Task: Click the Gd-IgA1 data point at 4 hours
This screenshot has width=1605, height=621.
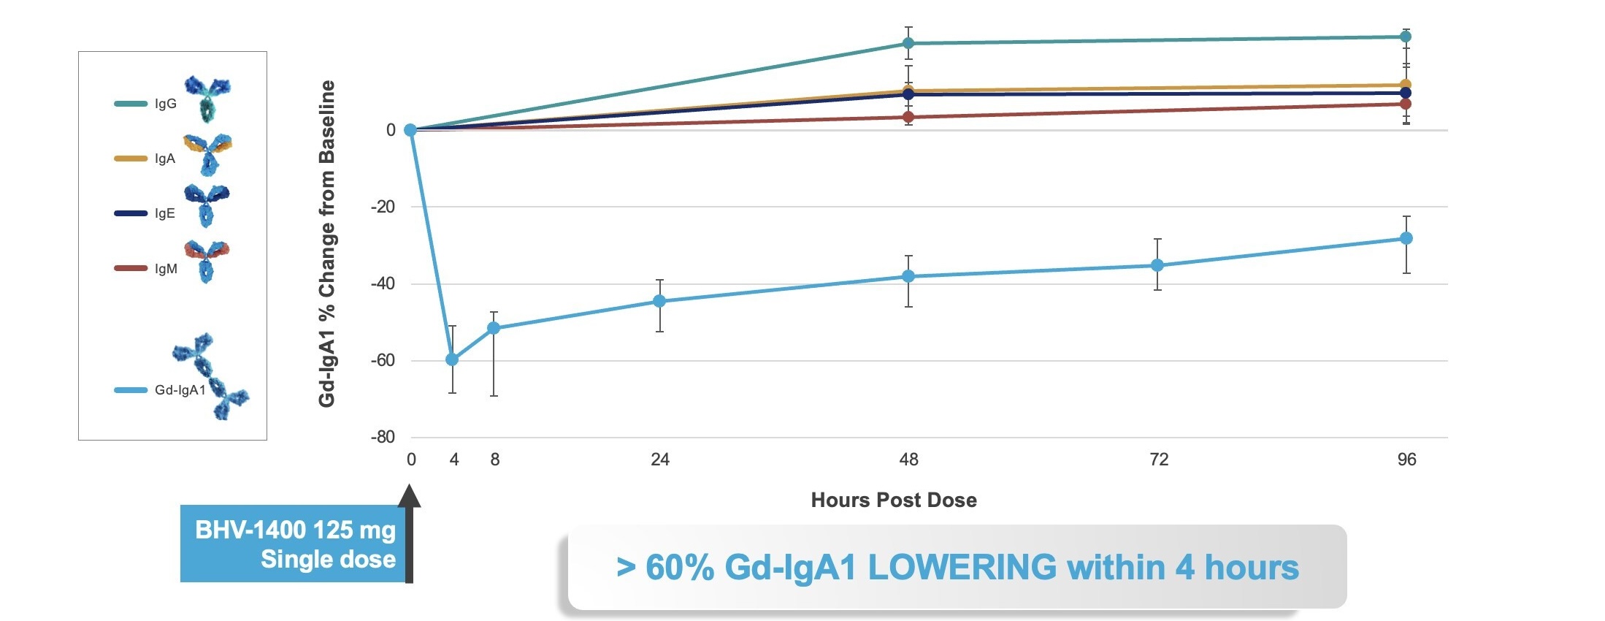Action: (452, 359)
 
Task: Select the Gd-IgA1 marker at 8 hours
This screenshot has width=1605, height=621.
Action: (494, 328)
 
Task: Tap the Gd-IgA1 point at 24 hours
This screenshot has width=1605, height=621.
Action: (659, 301)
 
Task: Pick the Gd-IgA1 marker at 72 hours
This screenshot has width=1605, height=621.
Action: (1157, 265)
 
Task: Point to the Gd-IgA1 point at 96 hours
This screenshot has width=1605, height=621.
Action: (1406, 238)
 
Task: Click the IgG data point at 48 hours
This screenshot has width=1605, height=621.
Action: (908, 43)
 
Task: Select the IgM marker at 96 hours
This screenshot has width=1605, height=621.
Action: (1406, 104)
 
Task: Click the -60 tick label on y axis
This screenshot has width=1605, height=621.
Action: (383, 360)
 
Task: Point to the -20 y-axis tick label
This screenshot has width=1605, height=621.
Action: (383, 207)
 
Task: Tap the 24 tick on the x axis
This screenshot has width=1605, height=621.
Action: (660, 460)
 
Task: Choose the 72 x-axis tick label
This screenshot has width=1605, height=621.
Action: (1159, 460)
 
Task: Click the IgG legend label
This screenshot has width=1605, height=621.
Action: (166, 104)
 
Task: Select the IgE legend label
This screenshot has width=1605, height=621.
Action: (165, 213)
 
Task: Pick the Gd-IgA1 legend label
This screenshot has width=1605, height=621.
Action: (180, 390)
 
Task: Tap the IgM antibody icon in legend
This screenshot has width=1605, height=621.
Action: (207, 261)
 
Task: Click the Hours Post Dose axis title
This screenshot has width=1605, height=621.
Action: (894, 500)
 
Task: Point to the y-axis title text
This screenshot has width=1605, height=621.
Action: (327, 243)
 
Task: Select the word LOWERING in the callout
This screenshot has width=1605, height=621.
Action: (962, 568)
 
